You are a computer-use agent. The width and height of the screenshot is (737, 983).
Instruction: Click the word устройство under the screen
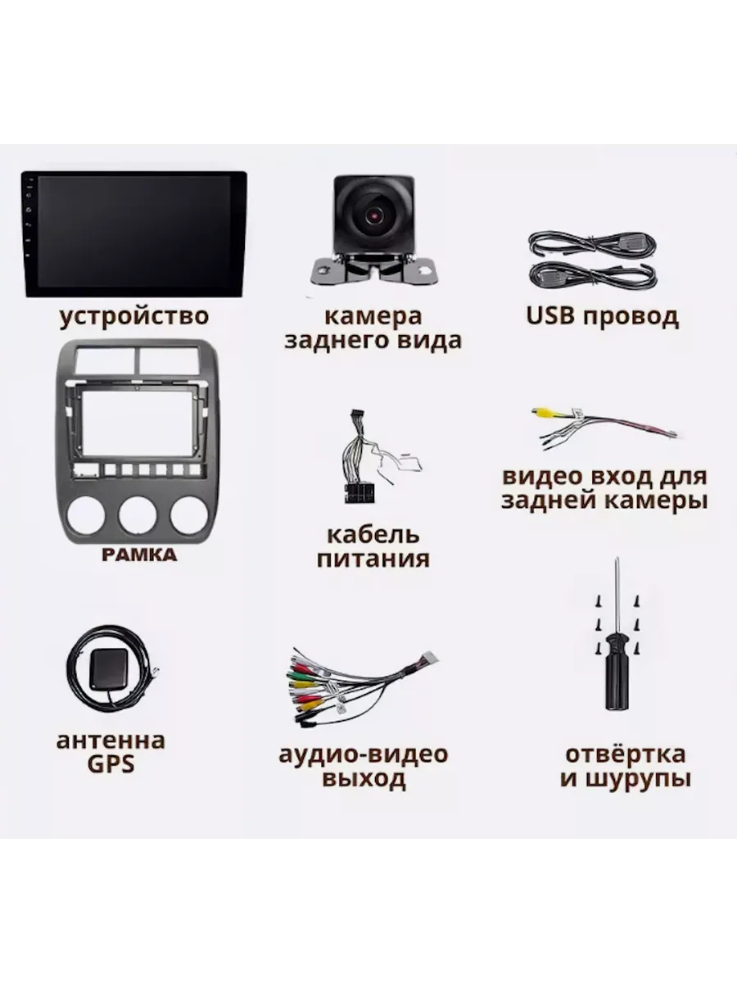click(x=134, y=317)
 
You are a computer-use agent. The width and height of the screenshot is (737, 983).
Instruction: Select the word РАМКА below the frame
click(x=139, y=555)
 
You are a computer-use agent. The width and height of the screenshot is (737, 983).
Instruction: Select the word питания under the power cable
click(x=373, y=559)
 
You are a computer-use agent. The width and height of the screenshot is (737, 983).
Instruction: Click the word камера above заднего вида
click(x=373, y=316)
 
